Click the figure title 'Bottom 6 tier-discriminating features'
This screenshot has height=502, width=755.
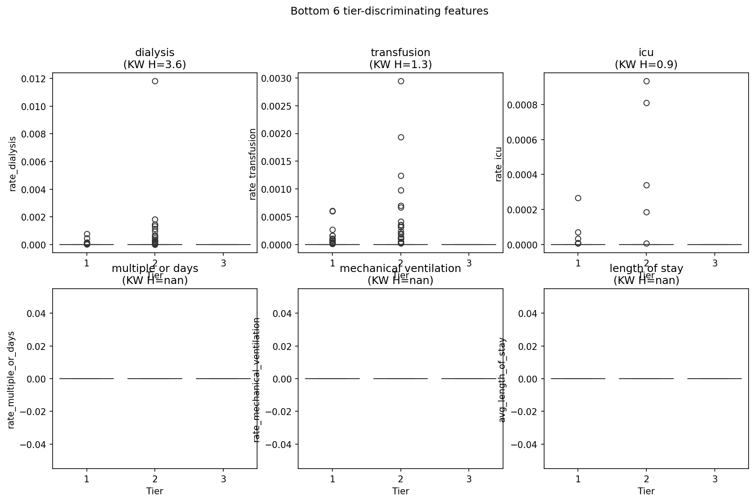[x=389, y=11]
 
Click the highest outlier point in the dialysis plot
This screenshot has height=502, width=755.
[x=155, y=81]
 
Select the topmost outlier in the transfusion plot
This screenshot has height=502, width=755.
[x=401, y=81]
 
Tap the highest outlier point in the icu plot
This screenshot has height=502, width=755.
[x=646, y=81]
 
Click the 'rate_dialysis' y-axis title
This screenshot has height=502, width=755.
[x=13, y=164]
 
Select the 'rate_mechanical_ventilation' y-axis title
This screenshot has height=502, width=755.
[x=257, y=379]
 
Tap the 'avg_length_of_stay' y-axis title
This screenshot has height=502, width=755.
[x=502, y=379]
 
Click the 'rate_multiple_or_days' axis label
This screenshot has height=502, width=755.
[x=11, y=379]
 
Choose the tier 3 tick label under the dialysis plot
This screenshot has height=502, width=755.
[x=223, y=263]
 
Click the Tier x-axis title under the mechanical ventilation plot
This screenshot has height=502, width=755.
[x=401, y=491]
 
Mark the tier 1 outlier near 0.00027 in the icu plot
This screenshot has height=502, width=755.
[x=578, y=198]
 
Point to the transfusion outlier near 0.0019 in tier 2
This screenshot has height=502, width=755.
[x=401, y=137]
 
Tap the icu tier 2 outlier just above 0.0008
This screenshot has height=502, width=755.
[x=646, y=103]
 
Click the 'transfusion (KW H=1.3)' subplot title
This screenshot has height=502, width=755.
[x=400, y=58]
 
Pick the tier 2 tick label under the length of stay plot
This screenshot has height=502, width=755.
[x=646, y=479]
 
